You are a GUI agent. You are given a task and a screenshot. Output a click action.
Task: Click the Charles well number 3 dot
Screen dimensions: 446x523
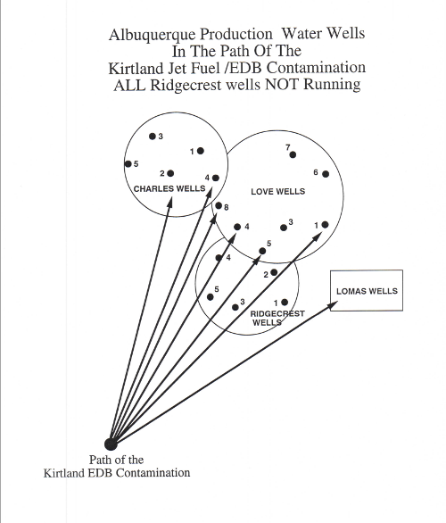tap(153, 136)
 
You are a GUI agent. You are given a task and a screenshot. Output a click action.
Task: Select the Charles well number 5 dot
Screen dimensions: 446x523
tap(128, 163)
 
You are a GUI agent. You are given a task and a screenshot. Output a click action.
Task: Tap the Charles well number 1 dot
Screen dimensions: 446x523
tap(201, 151)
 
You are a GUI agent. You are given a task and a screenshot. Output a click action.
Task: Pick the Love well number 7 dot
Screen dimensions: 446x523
tap(293, 154)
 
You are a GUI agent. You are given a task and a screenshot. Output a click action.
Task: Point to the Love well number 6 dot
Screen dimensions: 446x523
tap(326, 174)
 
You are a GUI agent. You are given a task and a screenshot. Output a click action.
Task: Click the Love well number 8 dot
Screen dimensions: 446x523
tap(219, 205)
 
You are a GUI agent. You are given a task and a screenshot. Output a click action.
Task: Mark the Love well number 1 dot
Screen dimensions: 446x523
tap(325, 225)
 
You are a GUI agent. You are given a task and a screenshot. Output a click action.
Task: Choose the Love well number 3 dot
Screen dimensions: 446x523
tap(284, 228)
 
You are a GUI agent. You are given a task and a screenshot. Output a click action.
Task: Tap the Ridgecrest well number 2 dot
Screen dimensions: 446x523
tap(274, 272)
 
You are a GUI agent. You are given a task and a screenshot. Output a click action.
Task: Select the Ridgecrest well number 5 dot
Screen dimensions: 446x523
tap(210, 297)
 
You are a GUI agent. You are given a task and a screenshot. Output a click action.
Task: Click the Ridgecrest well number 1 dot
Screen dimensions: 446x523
tap(285, 303)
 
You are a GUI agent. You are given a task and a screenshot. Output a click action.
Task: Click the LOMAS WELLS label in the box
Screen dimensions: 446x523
tap(367, 291)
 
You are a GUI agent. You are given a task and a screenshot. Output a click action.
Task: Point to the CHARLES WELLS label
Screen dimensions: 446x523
tap(169, 189)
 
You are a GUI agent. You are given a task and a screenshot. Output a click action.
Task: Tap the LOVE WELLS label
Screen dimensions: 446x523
tap(278, 192)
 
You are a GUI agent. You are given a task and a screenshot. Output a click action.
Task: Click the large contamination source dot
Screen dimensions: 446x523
tap(111, 444)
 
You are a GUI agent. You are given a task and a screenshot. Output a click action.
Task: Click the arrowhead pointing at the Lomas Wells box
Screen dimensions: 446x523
tap(334, 305)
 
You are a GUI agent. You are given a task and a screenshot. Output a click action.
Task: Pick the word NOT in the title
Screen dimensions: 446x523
tap(282, 85)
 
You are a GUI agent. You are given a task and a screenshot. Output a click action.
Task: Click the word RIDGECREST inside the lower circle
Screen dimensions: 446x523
tap(277, 314)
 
